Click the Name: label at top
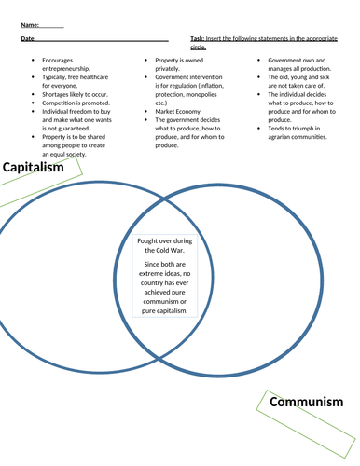tap(28, 24)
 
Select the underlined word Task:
tap(198, 40)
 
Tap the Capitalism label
tap(33, 169)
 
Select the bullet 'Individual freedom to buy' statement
tap(78, 116)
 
